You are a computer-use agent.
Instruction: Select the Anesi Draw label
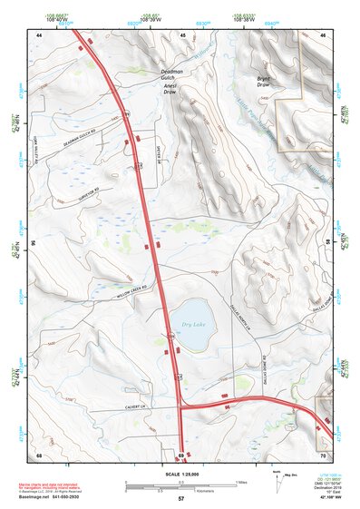(172, 91)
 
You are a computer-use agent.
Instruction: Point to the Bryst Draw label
(265, 82)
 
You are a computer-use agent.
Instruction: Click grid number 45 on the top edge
(182, 34)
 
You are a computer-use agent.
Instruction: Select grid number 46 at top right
(323, 34)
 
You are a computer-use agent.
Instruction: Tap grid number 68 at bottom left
(39, 454)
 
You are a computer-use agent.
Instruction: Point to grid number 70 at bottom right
(323, 454)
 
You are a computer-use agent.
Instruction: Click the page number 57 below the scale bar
(181, 499)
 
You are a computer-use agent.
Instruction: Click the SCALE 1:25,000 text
(181, 474)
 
